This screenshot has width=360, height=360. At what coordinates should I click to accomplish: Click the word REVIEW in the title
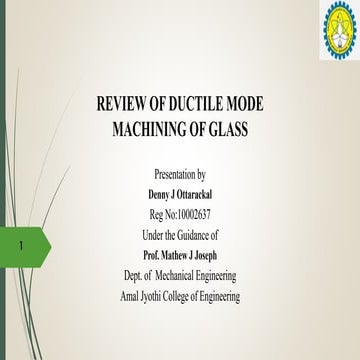pyautogui.click(x=126, y=103)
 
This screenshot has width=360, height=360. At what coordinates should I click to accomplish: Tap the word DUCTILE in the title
pyautogui.click(x=200, y=103)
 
